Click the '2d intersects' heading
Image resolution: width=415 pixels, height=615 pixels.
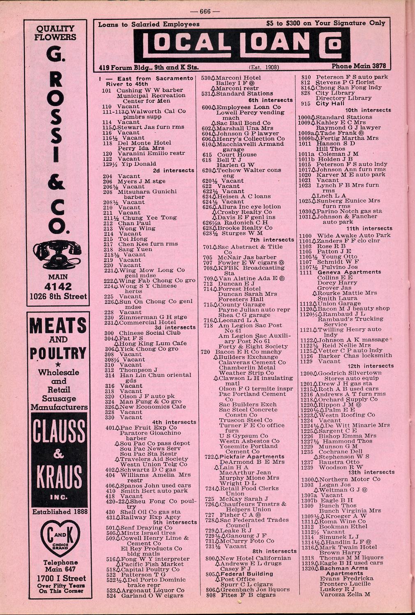(x=173, y=170)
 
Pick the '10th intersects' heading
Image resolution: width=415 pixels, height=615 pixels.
(x=368, y=110)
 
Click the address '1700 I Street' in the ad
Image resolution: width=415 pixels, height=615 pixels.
(x=60, y=578)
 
